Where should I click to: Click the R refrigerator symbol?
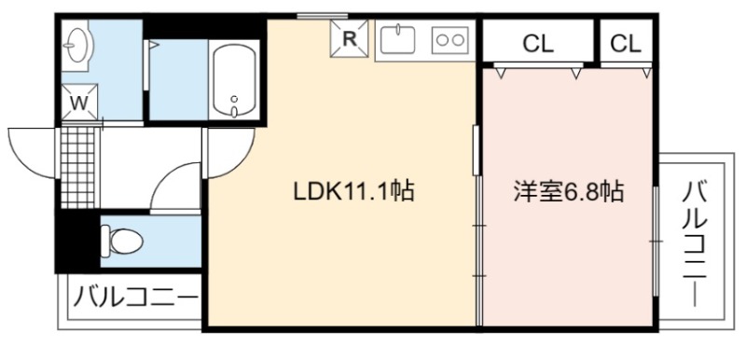click(x=350, y=38)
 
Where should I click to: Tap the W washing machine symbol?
click(x=79, y=103)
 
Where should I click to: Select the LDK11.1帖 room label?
click(x=354, y=191)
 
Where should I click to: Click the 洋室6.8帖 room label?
click(x=569, y=191)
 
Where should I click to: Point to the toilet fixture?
click(x=122, y=242)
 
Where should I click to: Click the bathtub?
click(x=234, y=80)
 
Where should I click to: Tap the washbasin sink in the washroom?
click(x=78, y=46)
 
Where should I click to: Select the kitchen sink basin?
click(x=398, y=40)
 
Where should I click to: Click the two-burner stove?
click(x=450, y=40)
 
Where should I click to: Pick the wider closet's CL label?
click(x=538, y=44)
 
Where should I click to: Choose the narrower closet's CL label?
click(x=626, y=44)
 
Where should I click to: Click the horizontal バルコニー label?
click(x=135, y=298)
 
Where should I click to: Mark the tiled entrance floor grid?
click(x=78, y=167)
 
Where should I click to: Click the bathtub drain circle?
click(x=234, y=100)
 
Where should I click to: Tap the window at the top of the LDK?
click(x=315, y=16)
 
